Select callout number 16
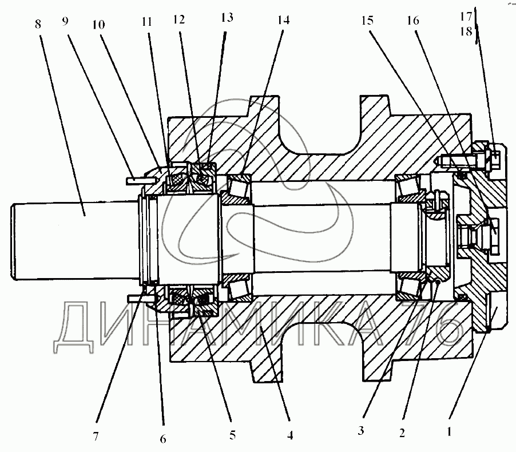(x=412, y=21)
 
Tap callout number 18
(x=467, y=32)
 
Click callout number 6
(x=163, y=438)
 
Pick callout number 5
(x=232, y=434)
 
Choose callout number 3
(x=360, y=431)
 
